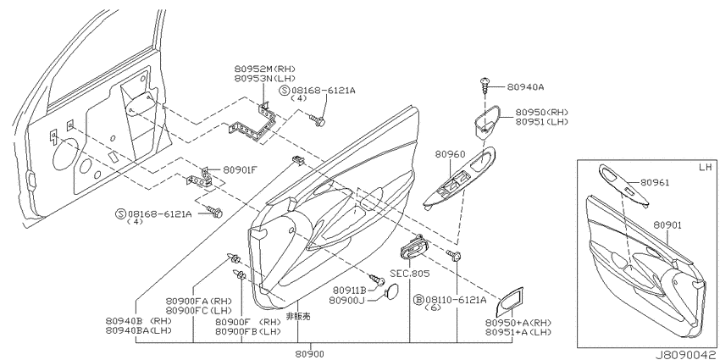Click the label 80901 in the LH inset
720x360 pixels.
click(667, 225)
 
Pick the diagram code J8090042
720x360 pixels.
click(687, 355)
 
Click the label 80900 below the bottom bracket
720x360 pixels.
click(309, 353)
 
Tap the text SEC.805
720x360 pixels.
click(410, 274)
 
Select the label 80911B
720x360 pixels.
click(350, 291)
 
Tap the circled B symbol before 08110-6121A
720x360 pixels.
click(418, 300)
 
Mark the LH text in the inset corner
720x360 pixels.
click(705, 167)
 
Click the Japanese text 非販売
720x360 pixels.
click(298, 317)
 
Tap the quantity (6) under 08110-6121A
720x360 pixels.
click(433, 307)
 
